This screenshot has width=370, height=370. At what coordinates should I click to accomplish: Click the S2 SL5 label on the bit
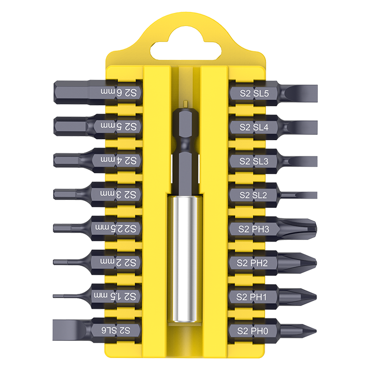pyautogui.click(x=254, y=93)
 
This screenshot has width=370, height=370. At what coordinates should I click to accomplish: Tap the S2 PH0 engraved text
pyautogui.click(x=253, y=331)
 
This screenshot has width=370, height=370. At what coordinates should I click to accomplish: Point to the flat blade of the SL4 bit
pyautogui.click(x=302, y=127)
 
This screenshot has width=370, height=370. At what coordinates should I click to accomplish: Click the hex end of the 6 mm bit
pyautogui.click(x=71, y=92)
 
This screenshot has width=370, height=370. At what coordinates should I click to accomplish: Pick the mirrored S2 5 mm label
pyautogui.click(x=119, y=126)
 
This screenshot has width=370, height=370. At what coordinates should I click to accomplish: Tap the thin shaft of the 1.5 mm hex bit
pyautogui.click(x=71, y=296)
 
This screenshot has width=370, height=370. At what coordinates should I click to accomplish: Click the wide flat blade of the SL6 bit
pyautogui.click(x=69, y=330)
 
